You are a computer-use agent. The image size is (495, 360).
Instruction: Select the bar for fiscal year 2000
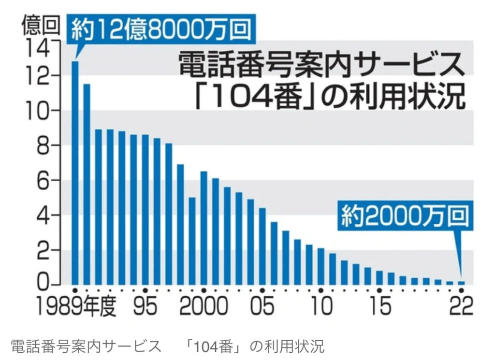tap(204, 228)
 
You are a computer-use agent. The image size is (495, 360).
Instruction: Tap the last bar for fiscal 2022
tap(461, 283)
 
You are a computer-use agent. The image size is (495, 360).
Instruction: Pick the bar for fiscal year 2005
tap(262, 246)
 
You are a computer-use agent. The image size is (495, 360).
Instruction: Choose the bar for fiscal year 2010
tap(321, 266)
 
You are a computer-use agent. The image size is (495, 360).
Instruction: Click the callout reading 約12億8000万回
tap(161, 30)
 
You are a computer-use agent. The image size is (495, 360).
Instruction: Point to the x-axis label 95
tap(145, 306)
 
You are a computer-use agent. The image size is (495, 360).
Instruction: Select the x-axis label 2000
tap(204, 306)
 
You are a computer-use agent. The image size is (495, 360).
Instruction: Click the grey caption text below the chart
tap(167, 346)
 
